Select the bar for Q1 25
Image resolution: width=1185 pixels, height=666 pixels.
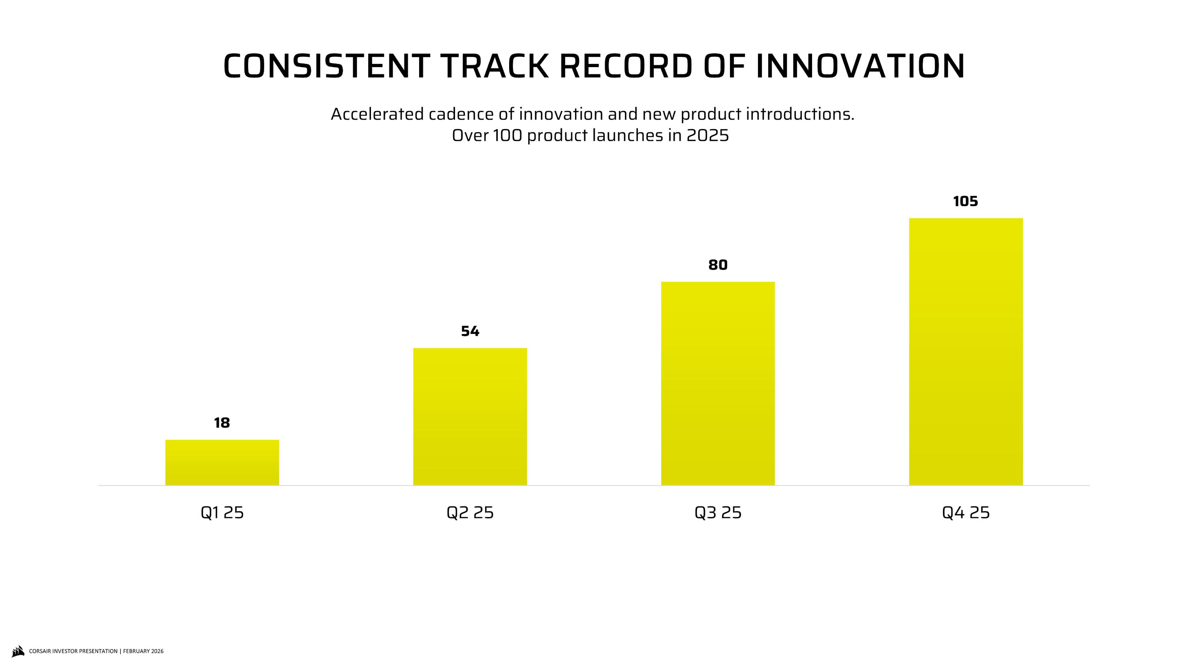click(x=222, y=462)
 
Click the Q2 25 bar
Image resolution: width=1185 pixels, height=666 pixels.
click(x=470, y=416)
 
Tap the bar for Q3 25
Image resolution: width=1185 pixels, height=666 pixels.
click(x=718, y=383)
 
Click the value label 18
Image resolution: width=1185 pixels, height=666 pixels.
click(x=222, y=423)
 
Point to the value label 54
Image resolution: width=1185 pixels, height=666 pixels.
click(x=470, y=331)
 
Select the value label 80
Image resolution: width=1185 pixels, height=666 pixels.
click(x=718, y=265)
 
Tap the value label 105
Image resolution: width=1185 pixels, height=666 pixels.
click(x=965, y=201)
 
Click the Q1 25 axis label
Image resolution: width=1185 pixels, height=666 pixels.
click(x=222, y=512)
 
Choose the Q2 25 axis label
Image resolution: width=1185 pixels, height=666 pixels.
click(x=470, y=512)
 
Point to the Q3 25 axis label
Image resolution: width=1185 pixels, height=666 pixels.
click(x=718, y=512)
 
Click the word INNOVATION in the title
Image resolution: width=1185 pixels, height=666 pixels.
click(x=860, y=66)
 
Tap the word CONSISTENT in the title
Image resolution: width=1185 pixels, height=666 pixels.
click(x=327, y=66)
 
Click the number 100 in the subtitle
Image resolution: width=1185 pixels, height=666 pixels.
click(x=508, y=135)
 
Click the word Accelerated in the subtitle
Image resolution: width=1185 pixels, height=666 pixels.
click(x=377, y=114)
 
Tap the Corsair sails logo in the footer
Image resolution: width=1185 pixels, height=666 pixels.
click(x=17, y=651)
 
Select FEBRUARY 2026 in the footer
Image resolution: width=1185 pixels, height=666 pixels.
click(x=143, y=651)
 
